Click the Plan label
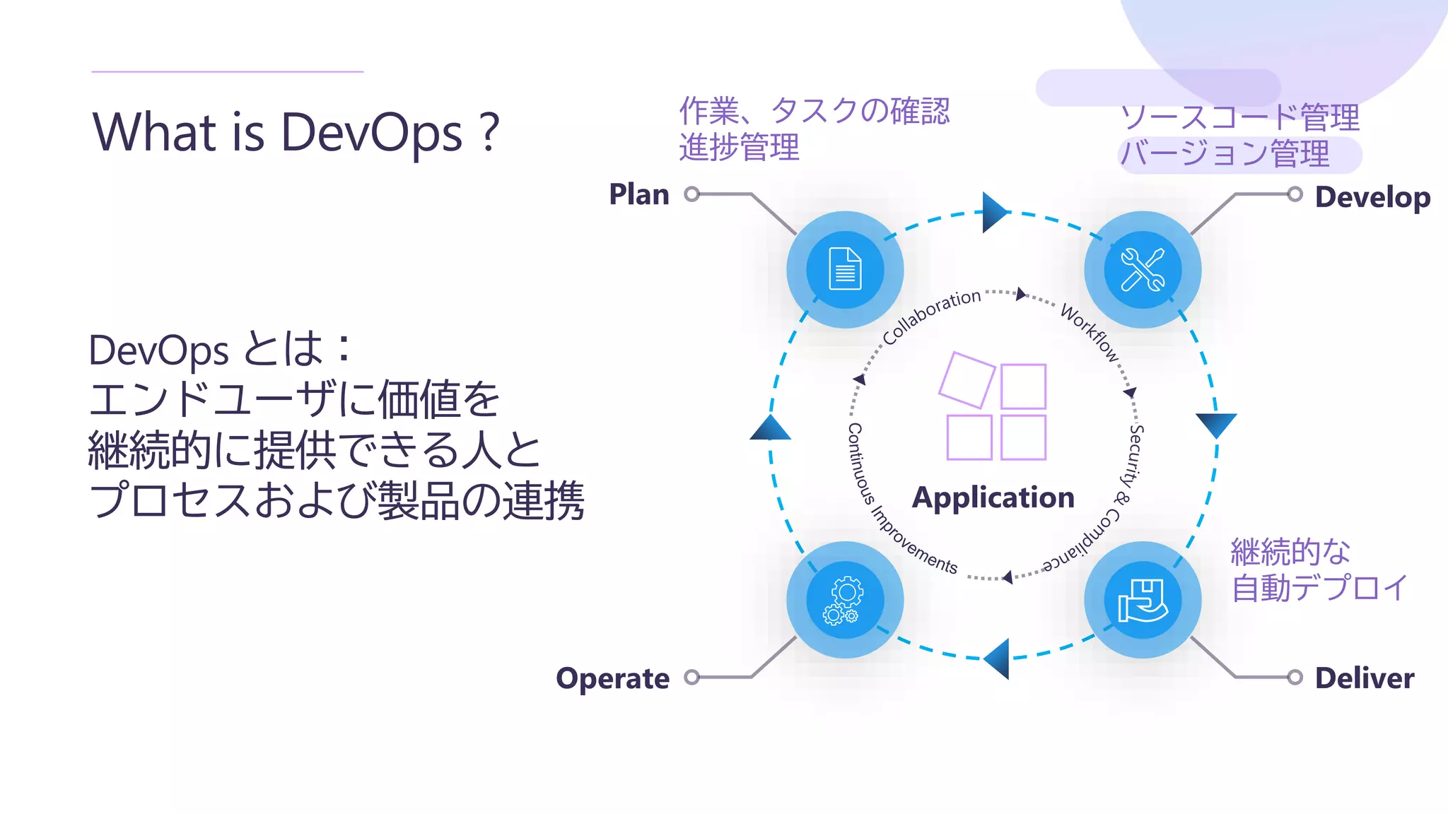639,194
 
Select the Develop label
1372,197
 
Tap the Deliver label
1365,678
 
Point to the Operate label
612,678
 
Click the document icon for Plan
845,269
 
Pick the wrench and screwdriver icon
1143,269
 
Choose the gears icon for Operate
845,600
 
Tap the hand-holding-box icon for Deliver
1143,600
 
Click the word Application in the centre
993,497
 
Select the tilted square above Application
967,379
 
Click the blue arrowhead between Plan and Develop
994,212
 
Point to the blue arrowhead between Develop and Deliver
1216,425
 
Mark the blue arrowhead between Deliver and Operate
997,659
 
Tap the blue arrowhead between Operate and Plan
770,428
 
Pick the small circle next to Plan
692,194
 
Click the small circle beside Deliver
1295,678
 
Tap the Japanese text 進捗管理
739,148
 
